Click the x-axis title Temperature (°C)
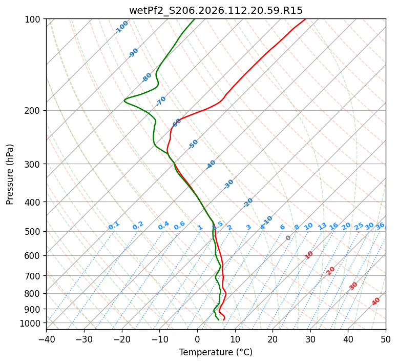pos(216,353)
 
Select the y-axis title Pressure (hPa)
pos(10,174)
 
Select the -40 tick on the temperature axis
pos(46,339)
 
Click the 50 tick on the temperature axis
pos(386,339)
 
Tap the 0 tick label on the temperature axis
pos(197,339)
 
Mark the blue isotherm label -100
pos(121,27)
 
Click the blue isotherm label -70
pos(161,101)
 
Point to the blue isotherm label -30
pos(228,184)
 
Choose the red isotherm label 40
pos(376,301)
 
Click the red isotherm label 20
pos(331,270)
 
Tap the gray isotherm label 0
pos(288,238)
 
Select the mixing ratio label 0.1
pos(114,226)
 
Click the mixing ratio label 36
pos(380,226)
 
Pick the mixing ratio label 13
pos(322,226)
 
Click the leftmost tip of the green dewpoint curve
pos(124,100)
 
